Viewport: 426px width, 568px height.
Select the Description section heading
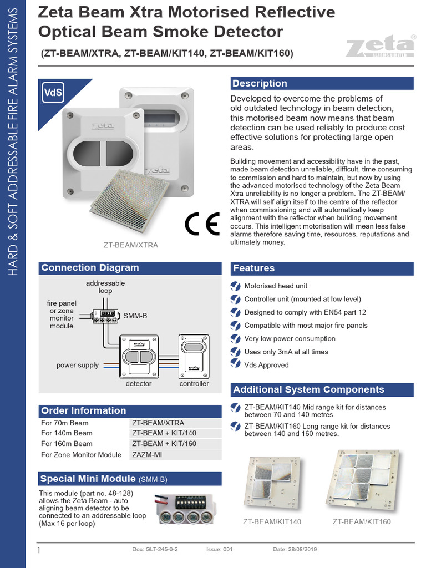pyautogui.click(x=260, y=83)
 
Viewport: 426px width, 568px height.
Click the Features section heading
pyautogui.click(x=254, y=268)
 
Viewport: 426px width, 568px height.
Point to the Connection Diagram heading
pyautogui.click(x=90, y=267)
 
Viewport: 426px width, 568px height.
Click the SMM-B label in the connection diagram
pyautogui.click(x=135, y=316)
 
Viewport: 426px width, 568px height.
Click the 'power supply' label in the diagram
pyautogui.click(x=78, y=365)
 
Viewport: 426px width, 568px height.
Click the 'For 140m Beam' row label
pyautogui.click(x=67, y=433)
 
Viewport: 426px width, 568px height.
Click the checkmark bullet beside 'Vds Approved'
pyautogui.click(x=235, y=365)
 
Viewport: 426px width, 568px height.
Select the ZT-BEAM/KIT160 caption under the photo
pyautogui.click(x=362, y=521)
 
